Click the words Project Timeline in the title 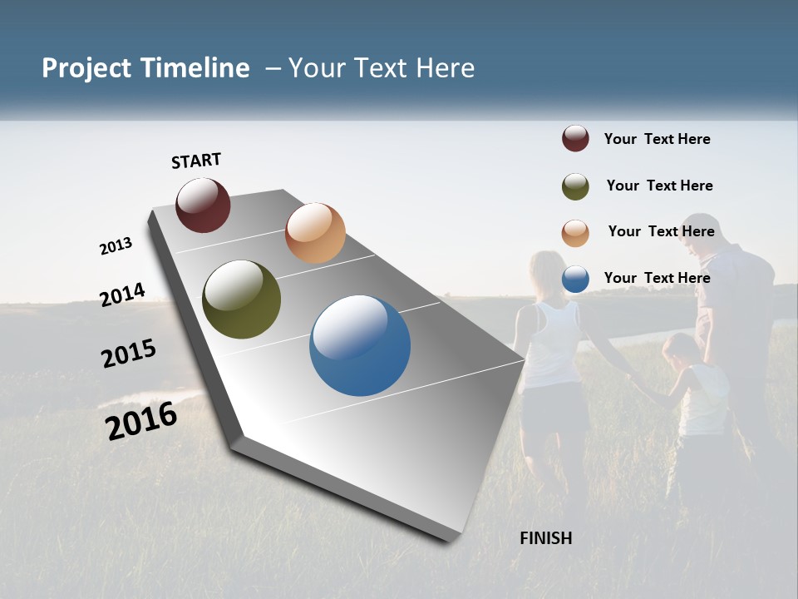click(145, 68)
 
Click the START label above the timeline click(196, 161)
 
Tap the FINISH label click(545, 538)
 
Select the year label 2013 click(116, 246)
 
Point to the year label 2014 click(122, 295)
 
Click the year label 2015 click(129, 354)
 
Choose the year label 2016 click(141, 420)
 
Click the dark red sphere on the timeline click(203, 205)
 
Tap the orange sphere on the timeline click(315, 233)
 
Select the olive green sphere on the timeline click(241, 299)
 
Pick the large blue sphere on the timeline click(360, 345)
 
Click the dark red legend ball click(575, 139)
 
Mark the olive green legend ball click(575, 186)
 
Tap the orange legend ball click(575, 233)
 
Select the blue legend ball click(575, 280)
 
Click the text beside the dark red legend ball click(657, 139)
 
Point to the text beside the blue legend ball click(657, 278)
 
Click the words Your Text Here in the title click(382, 68)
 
